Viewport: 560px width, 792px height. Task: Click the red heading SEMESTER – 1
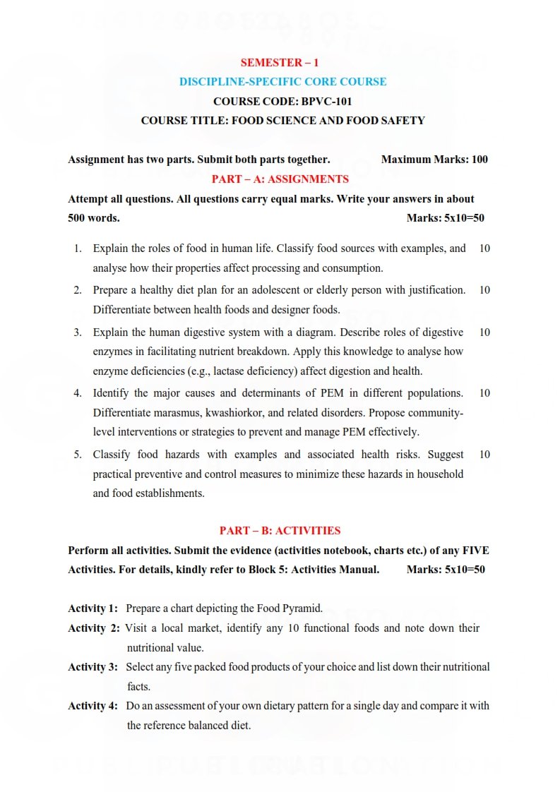click(x=279, y=62)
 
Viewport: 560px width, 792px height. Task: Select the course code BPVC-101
click(x=321, y=101)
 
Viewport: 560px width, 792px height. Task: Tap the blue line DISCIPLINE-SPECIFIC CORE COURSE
click(x=282, y=82)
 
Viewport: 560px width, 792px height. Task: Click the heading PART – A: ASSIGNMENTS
click(x=280, y=179)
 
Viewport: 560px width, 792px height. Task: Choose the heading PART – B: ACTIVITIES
click(x=280, y=531)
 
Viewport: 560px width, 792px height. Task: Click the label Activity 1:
click(x=93, y=608)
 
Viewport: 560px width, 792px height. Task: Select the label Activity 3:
click(x=93, y=666)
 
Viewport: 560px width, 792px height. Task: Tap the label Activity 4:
click(x=93, y=706)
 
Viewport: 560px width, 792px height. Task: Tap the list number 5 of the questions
click(x=78, y=455)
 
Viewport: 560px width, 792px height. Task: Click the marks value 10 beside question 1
click(x=484, y=248)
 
